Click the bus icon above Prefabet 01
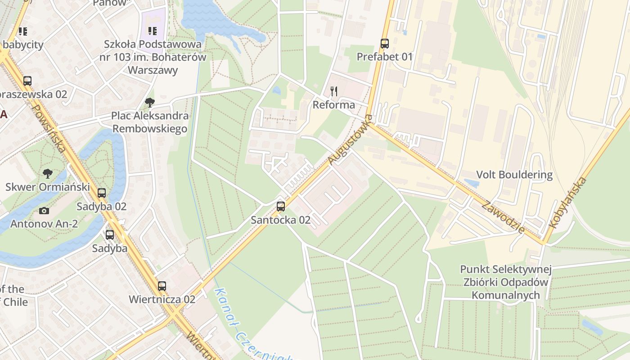(384, 44)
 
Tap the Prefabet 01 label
(384, 57)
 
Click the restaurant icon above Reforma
(334, 92)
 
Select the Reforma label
(334, 105)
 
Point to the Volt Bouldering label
(514, 175)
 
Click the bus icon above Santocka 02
(281, 207)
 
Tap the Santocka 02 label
(281, 220)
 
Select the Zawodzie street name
(503, 217)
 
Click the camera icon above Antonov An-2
(44, 211)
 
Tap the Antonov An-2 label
(44, 224)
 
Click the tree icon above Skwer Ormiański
(47, 173)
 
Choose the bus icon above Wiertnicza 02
(162, 286)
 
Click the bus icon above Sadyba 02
(102, 193)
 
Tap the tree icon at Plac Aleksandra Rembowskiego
(150, 103)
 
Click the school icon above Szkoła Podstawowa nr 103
(153, 31)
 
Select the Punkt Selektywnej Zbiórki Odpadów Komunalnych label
(506, 282)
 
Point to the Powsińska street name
(50, 130)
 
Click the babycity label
(23, 45)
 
